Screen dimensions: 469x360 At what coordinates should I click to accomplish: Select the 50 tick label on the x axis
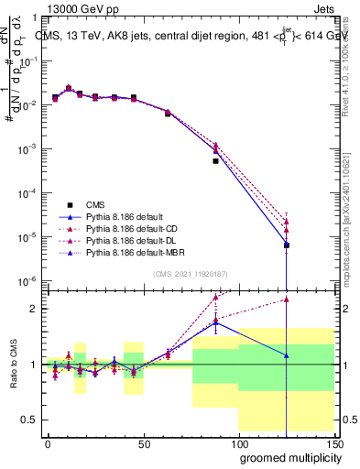(x=144, y=442)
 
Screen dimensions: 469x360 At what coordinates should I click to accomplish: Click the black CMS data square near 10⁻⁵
(x=287, y=245)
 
